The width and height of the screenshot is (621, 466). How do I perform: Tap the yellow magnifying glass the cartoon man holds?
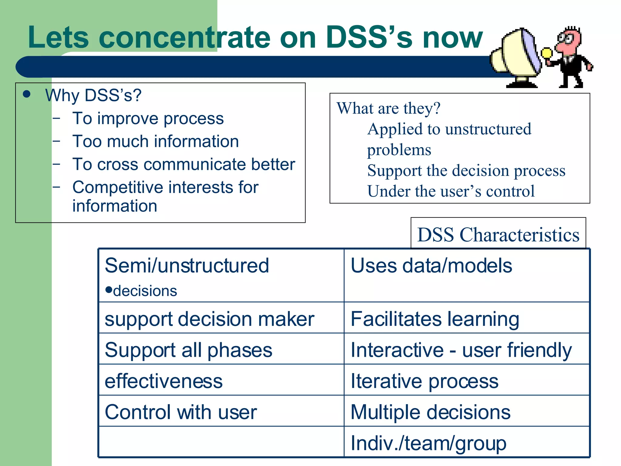click(x=547, y=54)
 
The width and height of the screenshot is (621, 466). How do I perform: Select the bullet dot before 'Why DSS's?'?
click(x=27, y=94)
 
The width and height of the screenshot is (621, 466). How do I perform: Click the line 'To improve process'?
click(x=148, y=118)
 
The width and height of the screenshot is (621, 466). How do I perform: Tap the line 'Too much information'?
click(x=156, y=141)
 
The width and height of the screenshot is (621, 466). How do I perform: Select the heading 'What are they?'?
click(x=388, y=108)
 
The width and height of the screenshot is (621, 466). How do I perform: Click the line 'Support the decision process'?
click(x=466, y=171)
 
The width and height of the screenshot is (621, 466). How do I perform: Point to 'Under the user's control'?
click(x=451, y=191)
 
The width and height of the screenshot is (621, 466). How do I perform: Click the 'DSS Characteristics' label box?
click(x=498, y=235)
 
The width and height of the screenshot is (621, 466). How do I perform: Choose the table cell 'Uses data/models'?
click(x=431, y=266)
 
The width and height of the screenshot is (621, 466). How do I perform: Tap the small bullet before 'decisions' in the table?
click(x=109, y=289)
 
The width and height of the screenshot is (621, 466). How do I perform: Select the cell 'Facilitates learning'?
click(x=435, y=319)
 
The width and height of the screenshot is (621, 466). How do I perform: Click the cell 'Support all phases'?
click(x=188, y=350)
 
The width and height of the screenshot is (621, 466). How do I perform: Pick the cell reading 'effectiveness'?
click(x=163, y=381)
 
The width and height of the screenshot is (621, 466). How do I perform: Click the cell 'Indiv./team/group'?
click(x=428, y=443)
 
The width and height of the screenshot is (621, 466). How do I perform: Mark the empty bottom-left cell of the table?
click(x=221, y=441)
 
